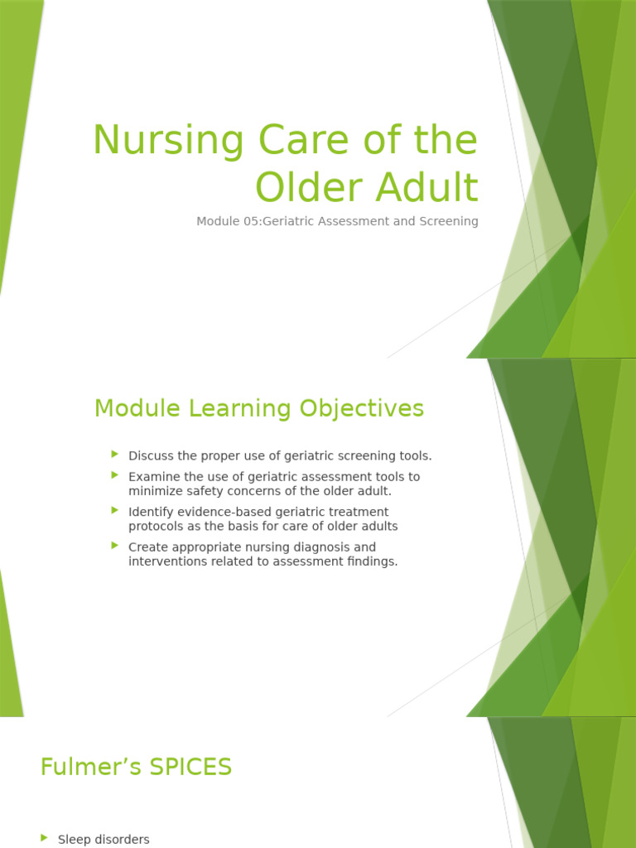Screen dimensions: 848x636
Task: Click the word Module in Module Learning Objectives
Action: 137,408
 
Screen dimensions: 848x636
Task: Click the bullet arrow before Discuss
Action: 115,455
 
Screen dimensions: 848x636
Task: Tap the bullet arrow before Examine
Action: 115,475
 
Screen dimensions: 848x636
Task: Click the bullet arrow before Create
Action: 115,546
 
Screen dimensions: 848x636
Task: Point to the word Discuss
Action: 150,455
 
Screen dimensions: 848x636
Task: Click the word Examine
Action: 152,476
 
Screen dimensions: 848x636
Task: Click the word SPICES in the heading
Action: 190,768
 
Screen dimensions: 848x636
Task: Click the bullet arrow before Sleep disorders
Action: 44,838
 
